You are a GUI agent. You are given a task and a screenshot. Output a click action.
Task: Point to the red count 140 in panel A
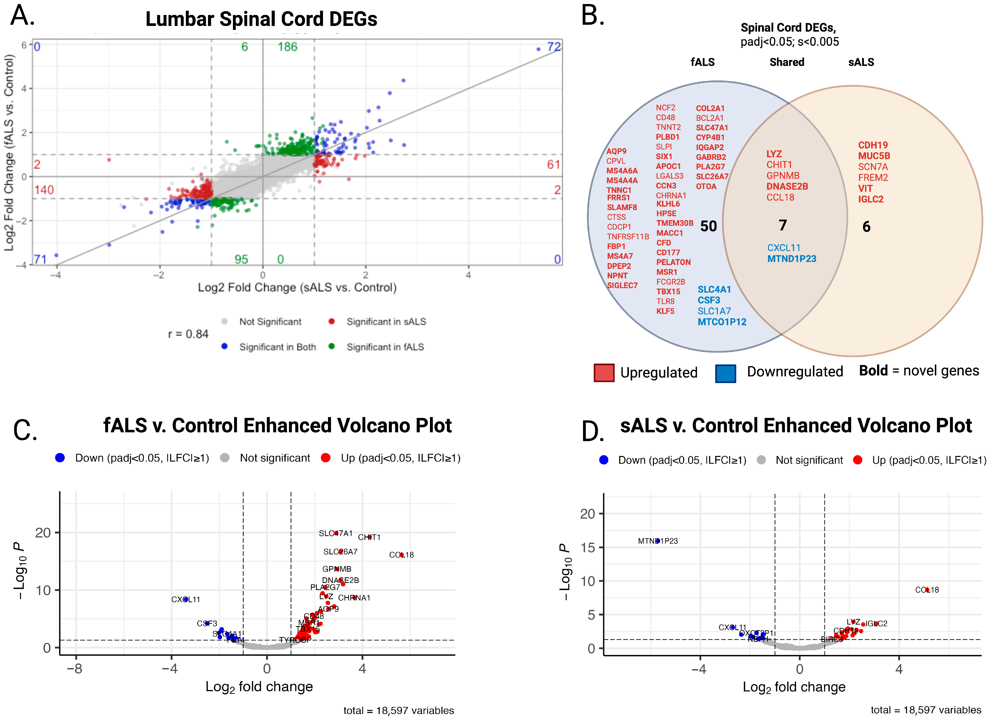click(44, 190)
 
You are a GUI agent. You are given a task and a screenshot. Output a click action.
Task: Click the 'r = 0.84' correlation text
click(188, 334)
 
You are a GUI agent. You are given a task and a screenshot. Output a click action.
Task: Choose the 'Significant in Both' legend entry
click(277, 347)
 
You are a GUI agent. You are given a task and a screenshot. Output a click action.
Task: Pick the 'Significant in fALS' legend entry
click(385, 347)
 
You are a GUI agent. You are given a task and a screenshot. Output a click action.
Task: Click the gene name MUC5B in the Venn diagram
click(874, 156)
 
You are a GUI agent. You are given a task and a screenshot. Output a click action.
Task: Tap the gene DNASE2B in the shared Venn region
click(787, 186)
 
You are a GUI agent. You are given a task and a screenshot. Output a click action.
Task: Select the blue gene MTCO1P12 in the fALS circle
click(722, 322)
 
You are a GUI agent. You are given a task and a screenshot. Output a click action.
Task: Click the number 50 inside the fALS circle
click(708, 226)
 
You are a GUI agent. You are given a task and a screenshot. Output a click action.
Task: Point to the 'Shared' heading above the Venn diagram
click(787, 62)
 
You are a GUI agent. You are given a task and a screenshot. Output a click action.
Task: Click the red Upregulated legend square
click(604, 373)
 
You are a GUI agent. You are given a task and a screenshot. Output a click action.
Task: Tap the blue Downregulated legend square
click(725, 373)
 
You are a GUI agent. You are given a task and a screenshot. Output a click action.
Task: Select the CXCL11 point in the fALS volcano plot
click(186, 599)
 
